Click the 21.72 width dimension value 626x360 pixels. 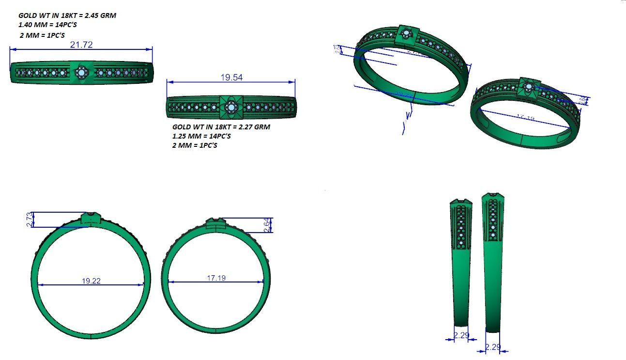[x=81, y=45]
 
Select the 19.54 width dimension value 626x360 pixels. [x=231, y=77]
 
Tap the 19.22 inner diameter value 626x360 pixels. [x=91, y=281]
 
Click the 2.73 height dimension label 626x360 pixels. [x=30, y=219]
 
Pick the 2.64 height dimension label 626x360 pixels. [x=267, y=225]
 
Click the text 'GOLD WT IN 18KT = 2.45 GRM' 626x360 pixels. [x=67, y=16]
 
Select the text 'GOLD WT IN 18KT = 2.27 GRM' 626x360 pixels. [x=221, y=127]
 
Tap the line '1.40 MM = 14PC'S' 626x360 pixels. [x=47, y=25]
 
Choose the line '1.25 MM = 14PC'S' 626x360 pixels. [x=201, y=136]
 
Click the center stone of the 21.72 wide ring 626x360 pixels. [x=81, y=73]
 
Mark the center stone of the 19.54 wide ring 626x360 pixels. [x=231, y=108]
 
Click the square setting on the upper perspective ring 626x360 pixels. [x=406, y=34]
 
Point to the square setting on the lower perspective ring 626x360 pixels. [x=528, y=87]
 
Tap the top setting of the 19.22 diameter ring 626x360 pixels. [x=91, y=218]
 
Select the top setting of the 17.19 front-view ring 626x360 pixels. [x=216, y=224]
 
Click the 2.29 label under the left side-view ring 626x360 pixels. [x=461, y=335]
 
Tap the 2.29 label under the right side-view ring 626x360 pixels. [x=492, y=347]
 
